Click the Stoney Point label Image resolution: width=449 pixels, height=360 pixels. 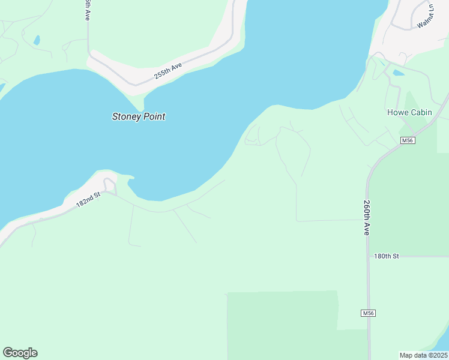tap(139, 116)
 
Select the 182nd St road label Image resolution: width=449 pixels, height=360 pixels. tap(88, 200)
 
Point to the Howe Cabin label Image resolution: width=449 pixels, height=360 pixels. tap(409, 112)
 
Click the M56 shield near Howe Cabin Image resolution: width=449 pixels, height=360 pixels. tap(408, 140)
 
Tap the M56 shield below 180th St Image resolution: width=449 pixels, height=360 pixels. tap(369, 313)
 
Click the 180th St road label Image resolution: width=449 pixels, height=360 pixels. tap(387, 256)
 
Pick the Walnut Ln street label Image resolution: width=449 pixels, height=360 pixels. tap(425, 16)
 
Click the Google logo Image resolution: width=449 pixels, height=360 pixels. tap(20, 353)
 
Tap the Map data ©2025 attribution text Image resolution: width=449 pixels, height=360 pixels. tap(423, 355)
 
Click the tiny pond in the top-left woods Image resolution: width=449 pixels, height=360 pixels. tap(37, 40)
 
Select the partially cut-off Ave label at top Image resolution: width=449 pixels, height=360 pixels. tap(87, 11)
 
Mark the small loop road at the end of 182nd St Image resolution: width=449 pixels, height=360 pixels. tap(109, 183)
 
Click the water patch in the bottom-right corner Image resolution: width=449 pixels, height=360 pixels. tap(443, 343)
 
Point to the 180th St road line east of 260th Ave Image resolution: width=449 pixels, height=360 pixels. tap(420, 256)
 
